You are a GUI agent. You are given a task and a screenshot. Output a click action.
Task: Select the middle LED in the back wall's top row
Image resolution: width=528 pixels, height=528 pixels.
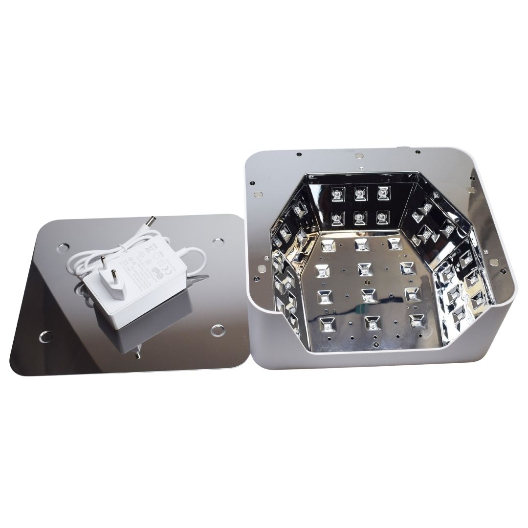[358, 194]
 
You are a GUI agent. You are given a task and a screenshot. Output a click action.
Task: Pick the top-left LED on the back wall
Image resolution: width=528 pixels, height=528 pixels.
[337, 194]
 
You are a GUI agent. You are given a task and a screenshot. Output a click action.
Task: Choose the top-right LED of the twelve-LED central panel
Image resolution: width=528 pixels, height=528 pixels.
[392, 243]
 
